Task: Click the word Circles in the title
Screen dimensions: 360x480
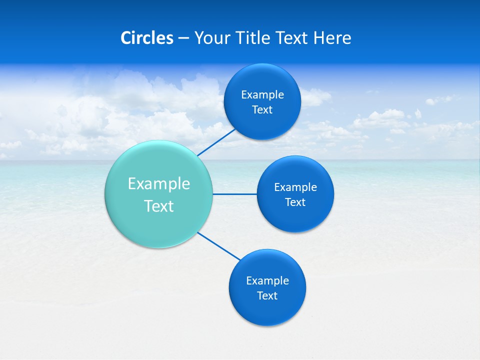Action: click(146, 38)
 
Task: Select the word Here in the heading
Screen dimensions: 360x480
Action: click(332, 38)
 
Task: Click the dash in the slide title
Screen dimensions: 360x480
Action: click(183, 38)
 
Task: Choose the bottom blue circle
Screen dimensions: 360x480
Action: click(267, 310)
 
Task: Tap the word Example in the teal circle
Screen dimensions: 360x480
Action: click(159, 183)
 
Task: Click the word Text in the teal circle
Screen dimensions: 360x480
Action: click(159, 206)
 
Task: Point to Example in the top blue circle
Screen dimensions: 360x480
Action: click(262, 94)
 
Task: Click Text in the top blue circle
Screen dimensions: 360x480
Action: click(262, 109)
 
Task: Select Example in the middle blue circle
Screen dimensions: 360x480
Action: click(295, 187)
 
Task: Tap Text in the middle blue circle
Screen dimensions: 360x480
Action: click(295, 202)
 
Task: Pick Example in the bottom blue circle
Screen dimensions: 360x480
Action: click(267, 280)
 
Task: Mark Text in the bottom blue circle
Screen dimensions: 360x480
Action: click(267, 295)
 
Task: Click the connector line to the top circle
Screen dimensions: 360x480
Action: click(216, 142)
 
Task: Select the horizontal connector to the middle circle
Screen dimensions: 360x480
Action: click(235, 193)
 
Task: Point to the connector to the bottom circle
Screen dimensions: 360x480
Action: click(219, 246)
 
